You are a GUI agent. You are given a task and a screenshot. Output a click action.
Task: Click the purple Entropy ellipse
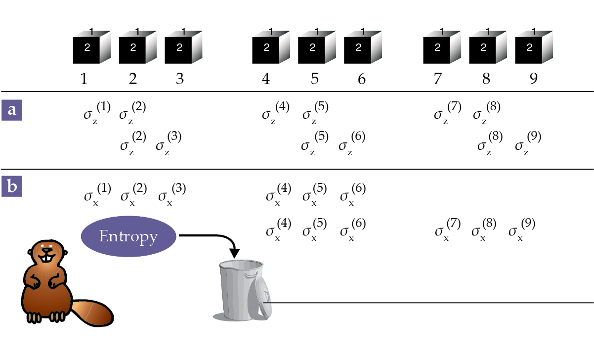(x=128, y=236)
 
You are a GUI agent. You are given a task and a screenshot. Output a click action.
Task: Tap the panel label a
(x=12, y=109)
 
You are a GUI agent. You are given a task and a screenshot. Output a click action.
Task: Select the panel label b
(x=12, y=186)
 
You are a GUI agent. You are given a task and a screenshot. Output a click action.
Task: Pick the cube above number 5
(x=316, y=47)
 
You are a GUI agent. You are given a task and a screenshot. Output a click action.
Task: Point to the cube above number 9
(x=532, y=47)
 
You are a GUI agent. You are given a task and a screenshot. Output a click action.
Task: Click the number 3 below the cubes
(x=180, y=79)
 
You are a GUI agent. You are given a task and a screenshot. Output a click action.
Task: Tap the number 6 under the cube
(x=361, y=79)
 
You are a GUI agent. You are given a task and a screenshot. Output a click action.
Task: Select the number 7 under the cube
(x=437, y=79)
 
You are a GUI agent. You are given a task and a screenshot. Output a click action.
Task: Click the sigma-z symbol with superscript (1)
(x=97, y=113)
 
